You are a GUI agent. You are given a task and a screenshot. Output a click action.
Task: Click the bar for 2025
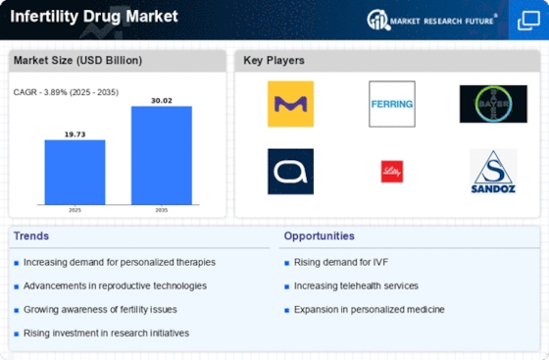[75, 173]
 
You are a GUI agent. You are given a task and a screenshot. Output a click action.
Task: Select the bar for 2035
[162, 156]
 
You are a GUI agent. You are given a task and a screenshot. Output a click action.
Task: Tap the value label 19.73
[75, 134]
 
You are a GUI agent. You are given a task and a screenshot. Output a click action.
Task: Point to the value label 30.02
[162, 100]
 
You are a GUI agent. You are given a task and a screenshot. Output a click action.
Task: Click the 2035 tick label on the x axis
[162, 210]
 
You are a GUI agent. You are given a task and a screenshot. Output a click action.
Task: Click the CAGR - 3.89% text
[39, 92]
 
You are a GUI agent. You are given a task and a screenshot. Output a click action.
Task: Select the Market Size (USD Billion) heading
[77, 60]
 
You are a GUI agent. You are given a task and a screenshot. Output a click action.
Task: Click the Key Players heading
[274, 60]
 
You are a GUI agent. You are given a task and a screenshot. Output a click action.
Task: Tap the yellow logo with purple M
[290, 104]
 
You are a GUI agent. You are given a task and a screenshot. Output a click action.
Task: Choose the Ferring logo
[392, 104]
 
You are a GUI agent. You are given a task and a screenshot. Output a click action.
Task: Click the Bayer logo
[493, 104]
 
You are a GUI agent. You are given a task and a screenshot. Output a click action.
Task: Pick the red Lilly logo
[392, 172]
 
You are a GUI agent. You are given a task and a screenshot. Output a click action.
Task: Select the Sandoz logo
[493, 172]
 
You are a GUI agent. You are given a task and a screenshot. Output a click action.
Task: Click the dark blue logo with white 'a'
[290, 172]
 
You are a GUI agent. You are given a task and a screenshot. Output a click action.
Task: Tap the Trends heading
[31, 236]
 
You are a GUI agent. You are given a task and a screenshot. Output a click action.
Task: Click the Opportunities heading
[319, 236]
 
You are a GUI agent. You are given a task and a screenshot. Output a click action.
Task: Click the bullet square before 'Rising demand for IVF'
[286, 263]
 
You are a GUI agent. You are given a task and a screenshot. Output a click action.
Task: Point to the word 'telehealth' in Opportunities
[356, 285]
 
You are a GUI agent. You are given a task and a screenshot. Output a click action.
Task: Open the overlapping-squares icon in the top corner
[528, 21]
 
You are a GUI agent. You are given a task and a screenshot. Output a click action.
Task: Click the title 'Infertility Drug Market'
[94, 17]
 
